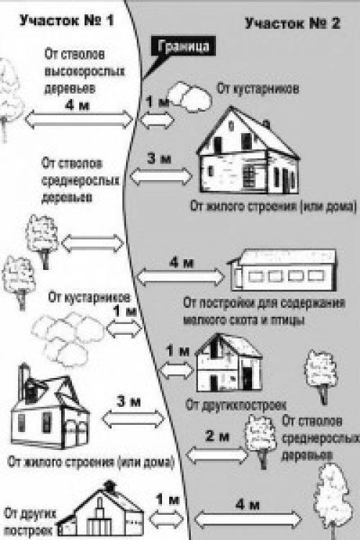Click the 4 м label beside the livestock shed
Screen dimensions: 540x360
[x=180, y=261]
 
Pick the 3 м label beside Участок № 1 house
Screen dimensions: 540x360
[x=125, y=400]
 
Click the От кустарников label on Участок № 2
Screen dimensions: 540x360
[x=258, y=89]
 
